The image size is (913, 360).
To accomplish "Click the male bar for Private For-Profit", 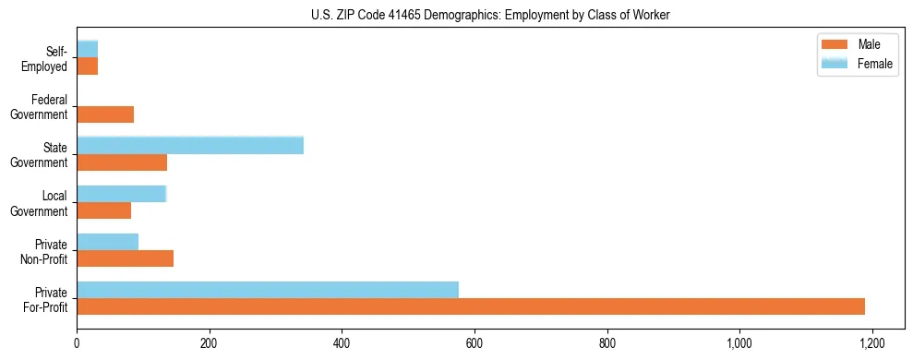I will click(471, 306).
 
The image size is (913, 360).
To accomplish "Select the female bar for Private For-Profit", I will click(268, 290).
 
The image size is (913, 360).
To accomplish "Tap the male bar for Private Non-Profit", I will click(125, 258).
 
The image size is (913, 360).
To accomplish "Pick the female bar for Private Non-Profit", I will click(107, 242).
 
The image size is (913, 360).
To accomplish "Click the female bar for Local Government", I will click(121, 194).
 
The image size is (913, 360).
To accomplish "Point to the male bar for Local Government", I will click(103, 210).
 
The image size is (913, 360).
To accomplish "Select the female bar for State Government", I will click(190, 145).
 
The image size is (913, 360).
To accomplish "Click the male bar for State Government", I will click(122, 162).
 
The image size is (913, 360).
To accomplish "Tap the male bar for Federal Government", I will click(105, 114).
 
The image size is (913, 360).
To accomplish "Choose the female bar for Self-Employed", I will click(87, 49).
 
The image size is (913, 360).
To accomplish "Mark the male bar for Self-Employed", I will click(87, 66).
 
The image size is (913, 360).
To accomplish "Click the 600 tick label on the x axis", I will click(475, 342).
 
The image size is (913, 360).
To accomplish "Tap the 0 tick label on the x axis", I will click(77, 342).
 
